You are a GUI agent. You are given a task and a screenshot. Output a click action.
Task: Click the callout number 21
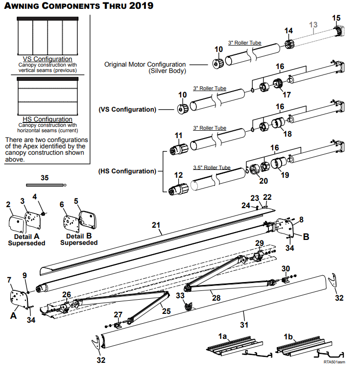click(156, 225)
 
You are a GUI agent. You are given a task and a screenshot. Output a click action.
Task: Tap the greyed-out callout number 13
click(313, 24)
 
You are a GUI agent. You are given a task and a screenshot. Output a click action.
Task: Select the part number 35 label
click(45, 178)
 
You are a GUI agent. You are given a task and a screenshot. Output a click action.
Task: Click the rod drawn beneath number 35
click(46, 185)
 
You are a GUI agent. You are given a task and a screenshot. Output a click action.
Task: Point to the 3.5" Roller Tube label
click(212, 167)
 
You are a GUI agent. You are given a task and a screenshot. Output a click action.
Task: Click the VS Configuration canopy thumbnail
click(48, 36)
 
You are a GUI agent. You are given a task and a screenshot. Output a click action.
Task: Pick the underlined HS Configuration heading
click(48, 119)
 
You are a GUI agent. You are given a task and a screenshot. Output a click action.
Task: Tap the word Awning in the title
click(22, 6)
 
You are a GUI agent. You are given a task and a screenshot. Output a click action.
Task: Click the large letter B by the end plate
click(306, 237)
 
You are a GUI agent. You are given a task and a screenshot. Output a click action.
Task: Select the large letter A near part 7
click(14, 315)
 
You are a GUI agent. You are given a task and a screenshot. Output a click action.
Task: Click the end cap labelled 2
click(18, 224)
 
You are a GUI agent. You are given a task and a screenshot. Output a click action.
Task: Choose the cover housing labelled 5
click(88, 220)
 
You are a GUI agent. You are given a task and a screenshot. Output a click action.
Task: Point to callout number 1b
click(288, 336)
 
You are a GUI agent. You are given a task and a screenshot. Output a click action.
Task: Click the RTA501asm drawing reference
click(335, 362)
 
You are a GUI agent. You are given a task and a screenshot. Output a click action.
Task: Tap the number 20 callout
click(264, 181)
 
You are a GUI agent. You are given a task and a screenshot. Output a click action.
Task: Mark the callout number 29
click(260, 243)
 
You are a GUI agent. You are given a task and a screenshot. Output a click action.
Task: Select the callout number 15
click(336, 18)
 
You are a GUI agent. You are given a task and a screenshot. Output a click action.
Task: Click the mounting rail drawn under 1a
click(235, 346)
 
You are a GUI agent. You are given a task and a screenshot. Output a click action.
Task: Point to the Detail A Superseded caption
click(26, 239)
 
